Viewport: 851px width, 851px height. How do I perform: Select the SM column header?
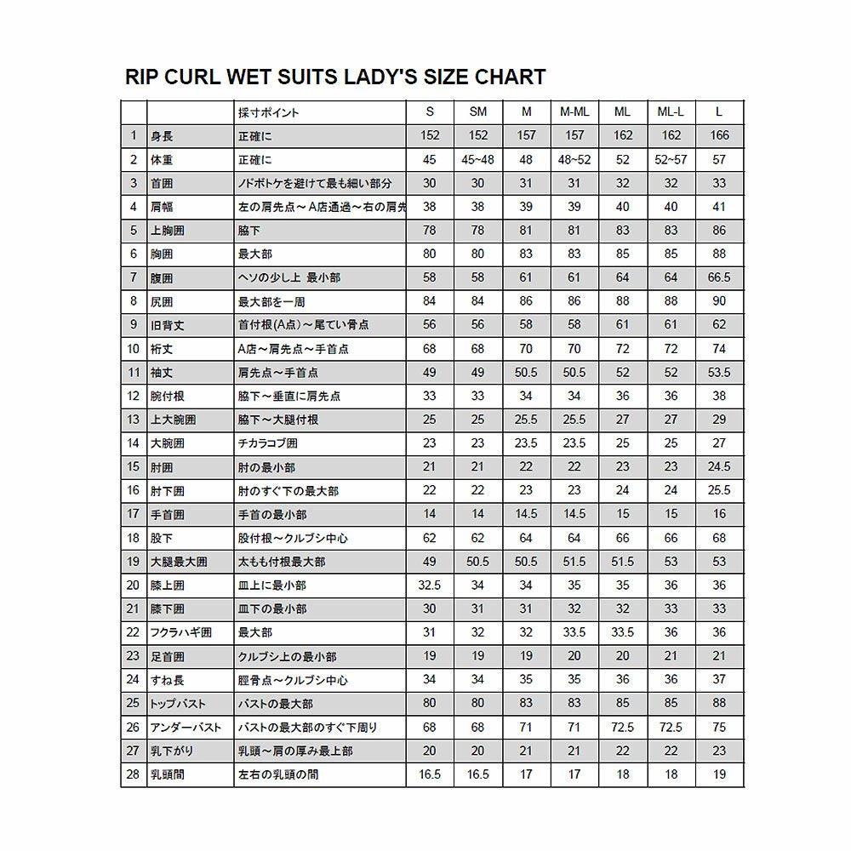click(x=478, y=112)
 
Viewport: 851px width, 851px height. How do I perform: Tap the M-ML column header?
click(x=574, y=112)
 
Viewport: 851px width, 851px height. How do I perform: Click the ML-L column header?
click(x=671, y=112)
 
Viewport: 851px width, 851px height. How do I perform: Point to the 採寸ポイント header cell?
click(x=268, y=112)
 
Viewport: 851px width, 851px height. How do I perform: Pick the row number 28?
click(x=133, y=775)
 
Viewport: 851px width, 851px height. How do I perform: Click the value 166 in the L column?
click(x=719, y=135)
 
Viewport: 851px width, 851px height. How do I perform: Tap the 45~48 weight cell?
click(x=478, y=159)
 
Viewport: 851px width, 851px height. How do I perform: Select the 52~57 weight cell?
click(x=671, y=159)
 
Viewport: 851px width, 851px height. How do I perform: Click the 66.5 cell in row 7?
click(x=719, y=277)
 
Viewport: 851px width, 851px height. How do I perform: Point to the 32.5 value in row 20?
click(x=430, y=585)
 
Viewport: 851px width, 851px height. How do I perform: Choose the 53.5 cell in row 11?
click(x=719, y=373)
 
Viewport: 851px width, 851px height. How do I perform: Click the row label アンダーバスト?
click(x=186, y=728)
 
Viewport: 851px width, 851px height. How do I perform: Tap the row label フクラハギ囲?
click(x=180, y=633)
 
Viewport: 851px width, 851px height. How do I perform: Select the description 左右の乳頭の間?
click(x=279, y=775)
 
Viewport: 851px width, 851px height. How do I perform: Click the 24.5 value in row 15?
click(x=719, y=467)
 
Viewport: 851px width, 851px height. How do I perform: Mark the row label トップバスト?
click(x=178, y=704)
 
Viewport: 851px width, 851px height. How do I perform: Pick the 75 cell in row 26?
click(x=719, y=728)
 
